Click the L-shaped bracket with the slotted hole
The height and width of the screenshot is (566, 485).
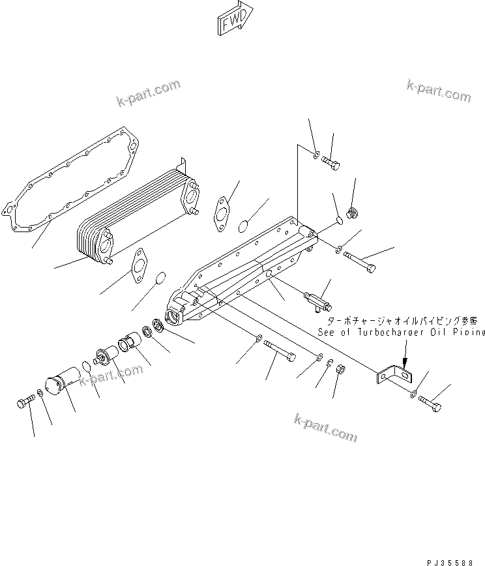395,375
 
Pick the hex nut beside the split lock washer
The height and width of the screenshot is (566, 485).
340,371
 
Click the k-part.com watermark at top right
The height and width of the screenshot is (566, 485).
438,91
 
